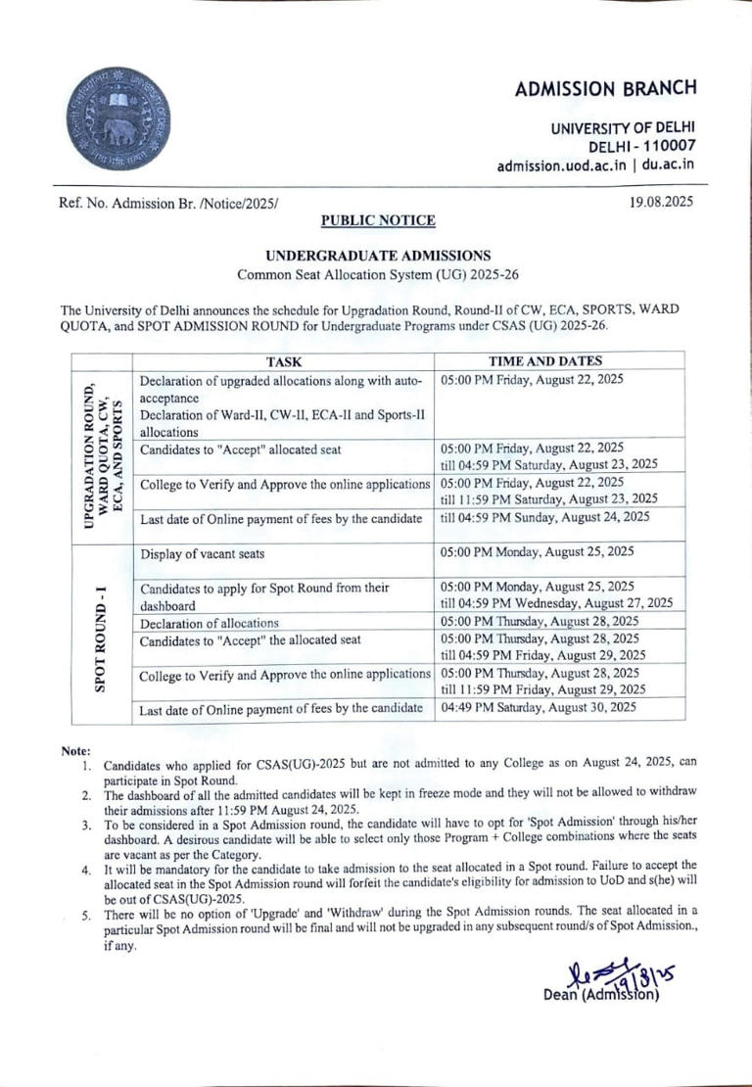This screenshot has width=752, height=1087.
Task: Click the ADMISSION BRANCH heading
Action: [x=606, y=88]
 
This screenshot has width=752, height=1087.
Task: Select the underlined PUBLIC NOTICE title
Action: [x=378, y=221]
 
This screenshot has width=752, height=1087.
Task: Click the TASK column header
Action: [x=283, y=361]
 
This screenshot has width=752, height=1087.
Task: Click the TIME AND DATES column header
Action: [x=559, y=361]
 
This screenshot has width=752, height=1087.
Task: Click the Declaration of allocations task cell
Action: [x=210, y=623]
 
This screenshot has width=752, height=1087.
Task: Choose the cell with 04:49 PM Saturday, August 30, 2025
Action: [x=540, y=707]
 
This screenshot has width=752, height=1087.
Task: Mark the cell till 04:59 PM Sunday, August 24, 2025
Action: [x=544, y=517]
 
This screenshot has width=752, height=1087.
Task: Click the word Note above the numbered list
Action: [x=75, y=750]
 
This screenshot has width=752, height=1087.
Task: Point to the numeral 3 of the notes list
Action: [x=86, y=827]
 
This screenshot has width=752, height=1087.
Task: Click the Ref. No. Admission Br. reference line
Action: [x=169, y=203]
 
